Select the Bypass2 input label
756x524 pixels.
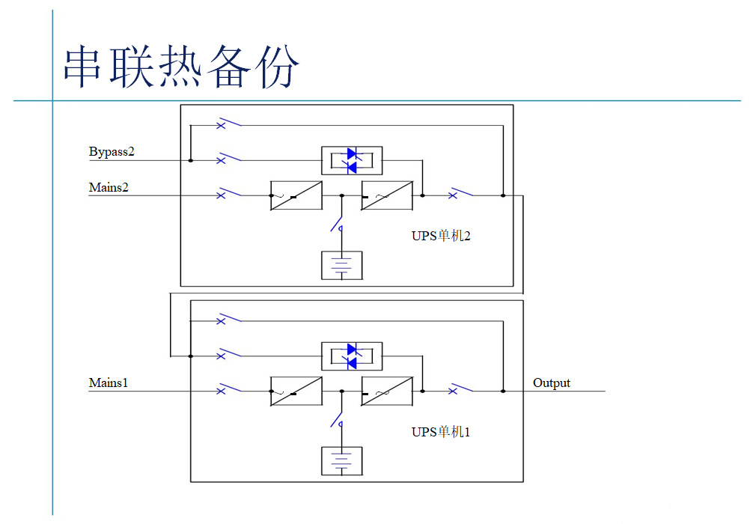pos(112,152)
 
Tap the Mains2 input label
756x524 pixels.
pos(109,187)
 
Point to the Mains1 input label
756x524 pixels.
pos(109,383)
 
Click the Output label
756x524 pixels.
pos(552,383)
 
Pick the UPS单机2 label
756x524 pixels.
pos(441,236)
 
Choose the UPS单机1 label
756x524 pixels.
pos(441,432)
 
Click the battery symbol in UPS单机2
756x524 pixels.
pos(341,266)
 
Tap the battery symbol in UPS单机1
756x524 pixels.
pos(341,461)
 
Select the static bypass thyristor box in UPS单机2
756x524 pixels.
pos(352,160)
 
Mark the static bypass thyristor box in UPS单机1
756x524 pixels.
pos(352,356)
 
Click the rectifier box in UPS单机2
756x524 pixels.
pos(296,195)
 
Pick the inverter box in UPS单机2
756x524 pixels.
pos(387,195)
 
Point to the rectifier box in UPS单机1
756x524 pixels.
pos(296,391)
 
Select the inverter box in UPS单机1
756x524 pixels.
pos(387,391)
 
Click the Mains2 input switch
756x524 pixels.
pos(228,194)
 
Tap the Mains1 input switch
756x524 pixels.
pos(228,389)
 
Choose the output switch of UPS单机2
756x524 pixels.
pos(460,194)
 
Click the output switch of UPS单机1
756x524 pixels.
pos(460,389)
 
